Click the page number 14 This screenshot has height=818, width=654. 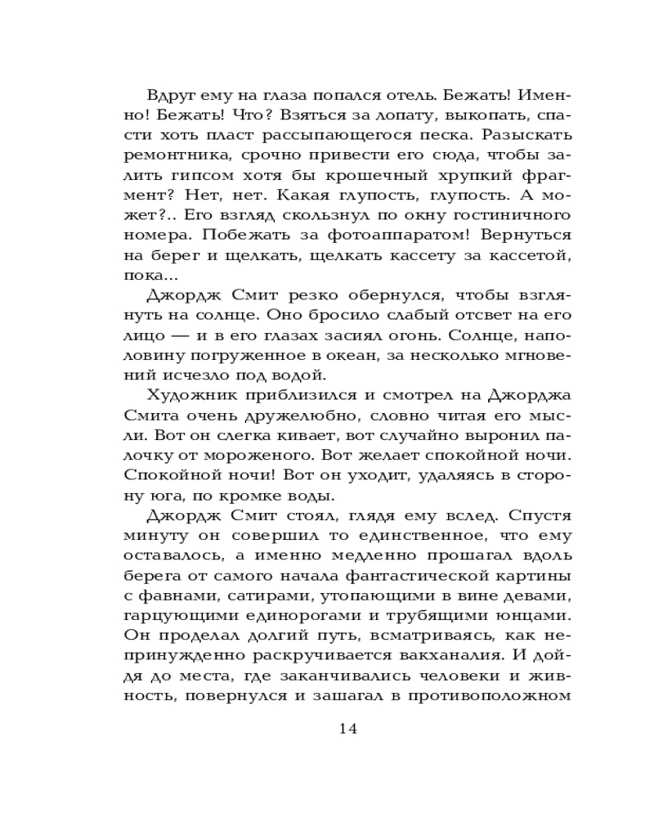click(x=348, y=729)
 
